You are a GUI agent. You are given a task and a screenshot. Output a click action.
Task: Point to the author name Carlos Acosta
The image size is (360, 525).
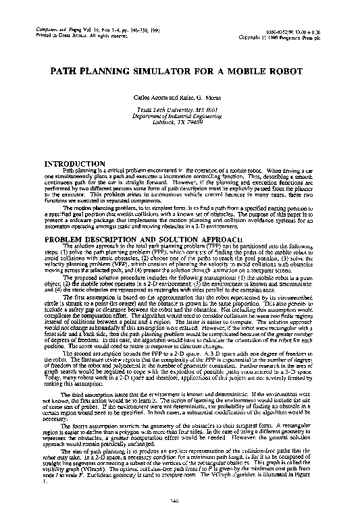click(x=153, y=99)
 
